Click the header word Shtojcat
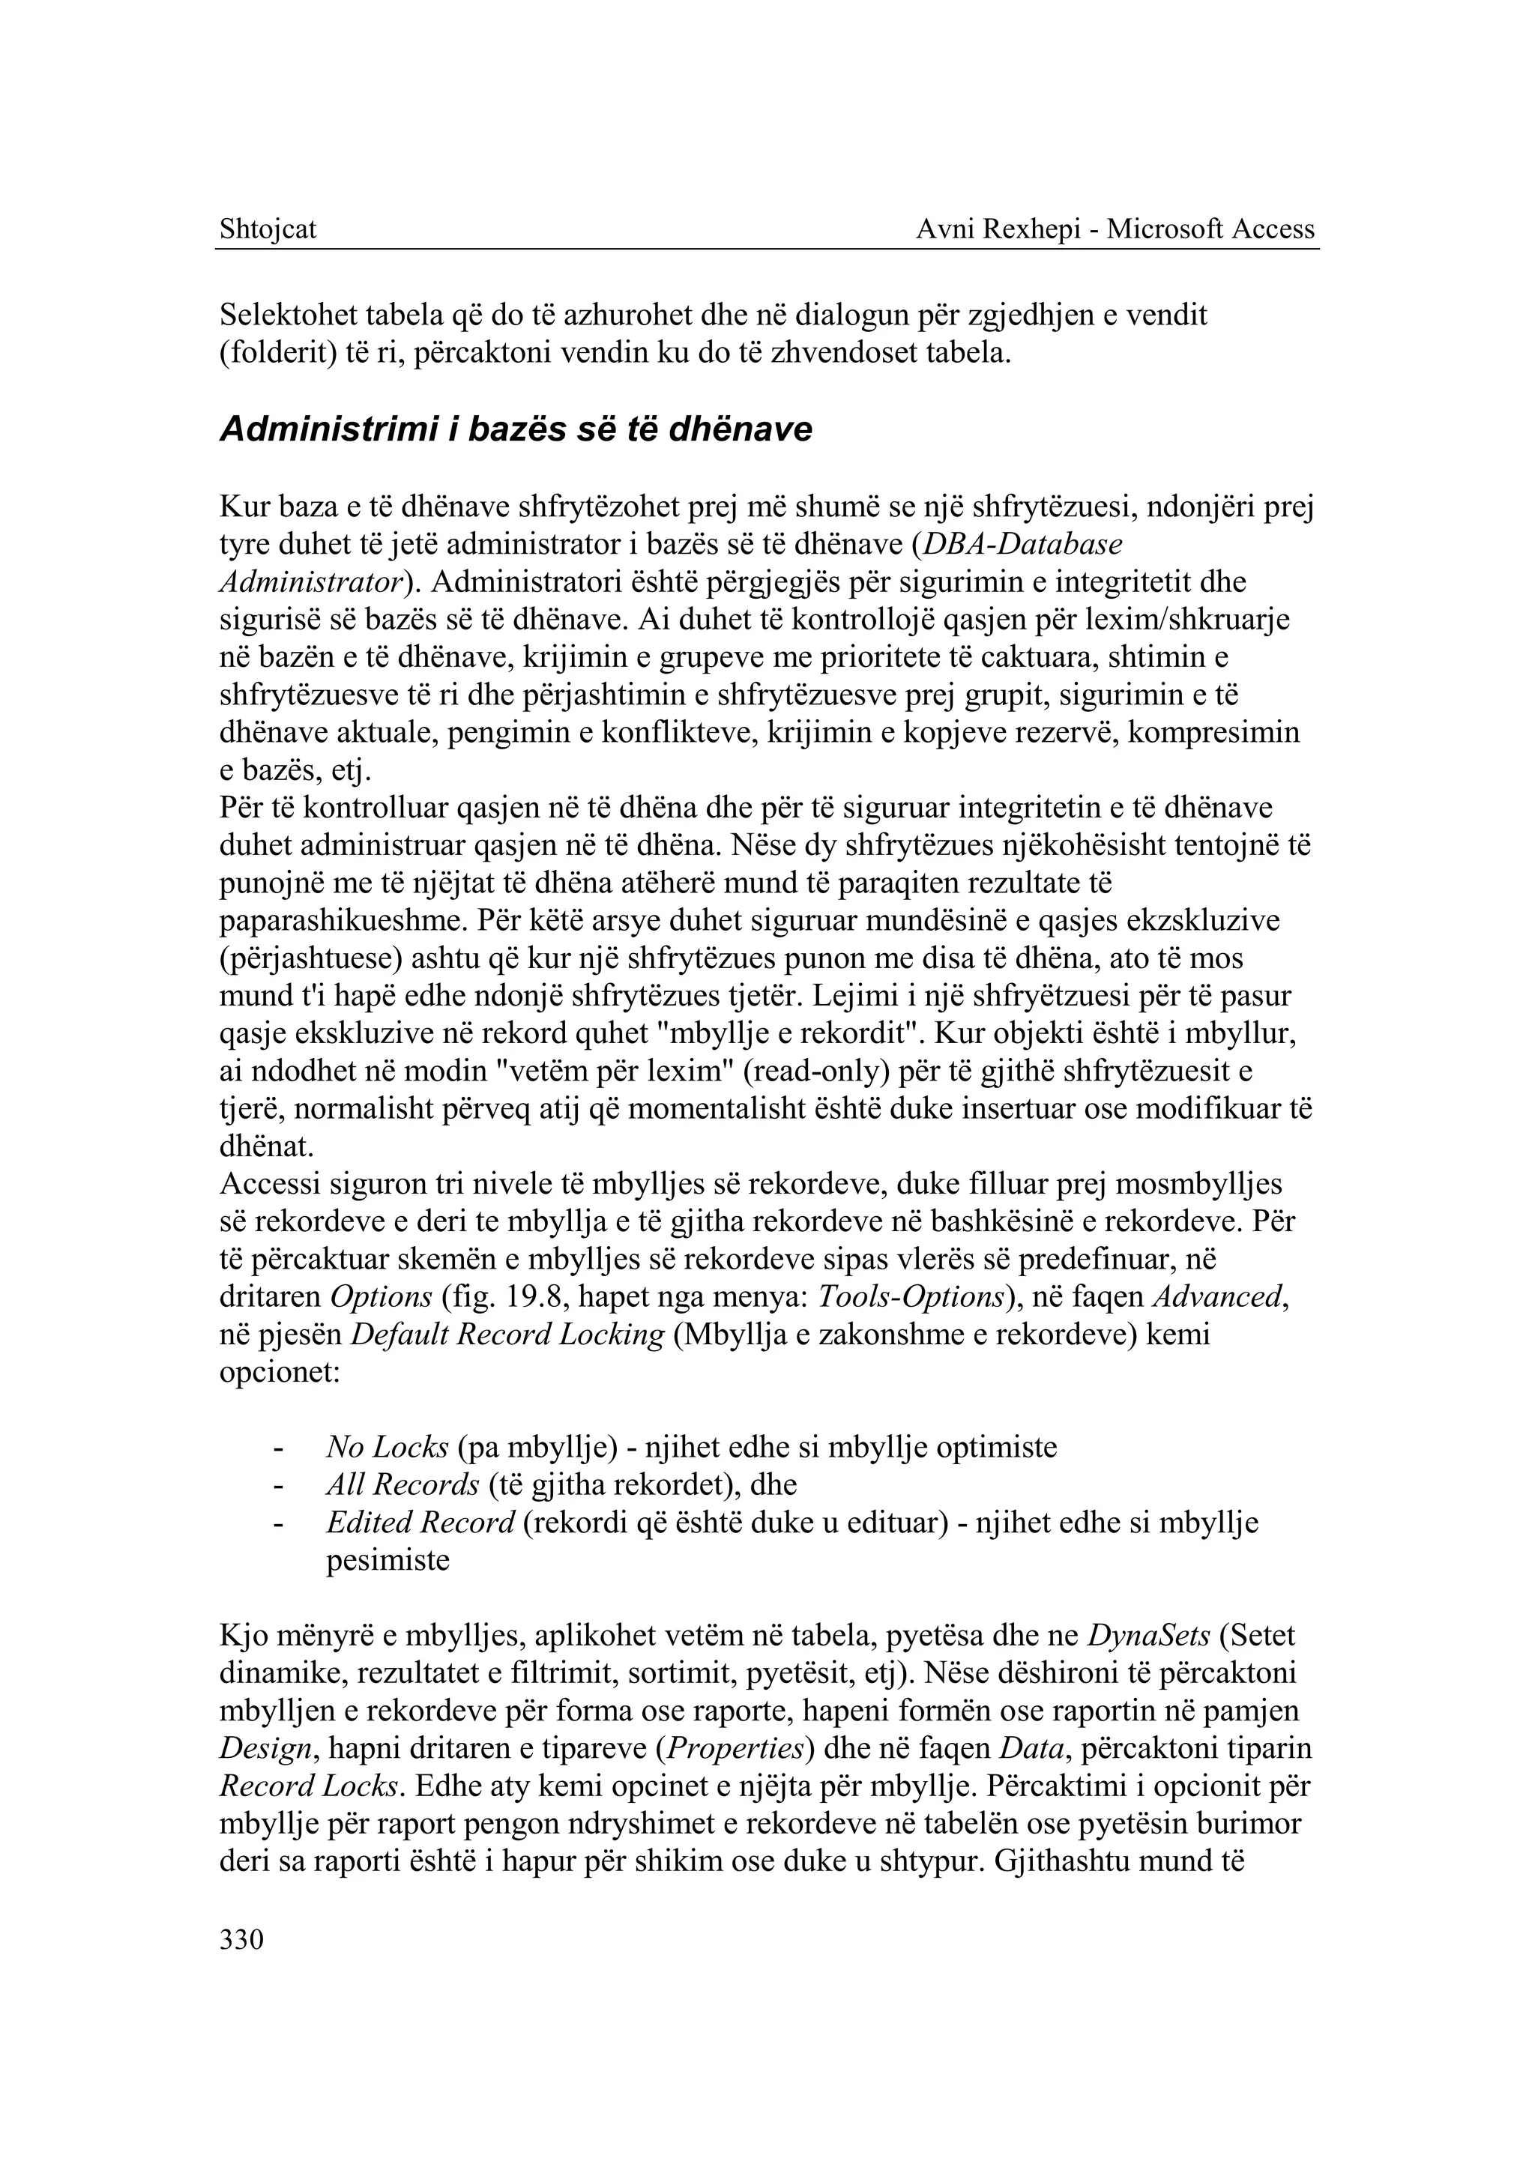[x=268, y=229]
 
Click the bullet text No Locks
[x=387, y=1447]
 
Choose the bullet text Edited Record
[x=420, y=1523]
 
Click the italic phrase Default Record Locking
[x=507, y=1335]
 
